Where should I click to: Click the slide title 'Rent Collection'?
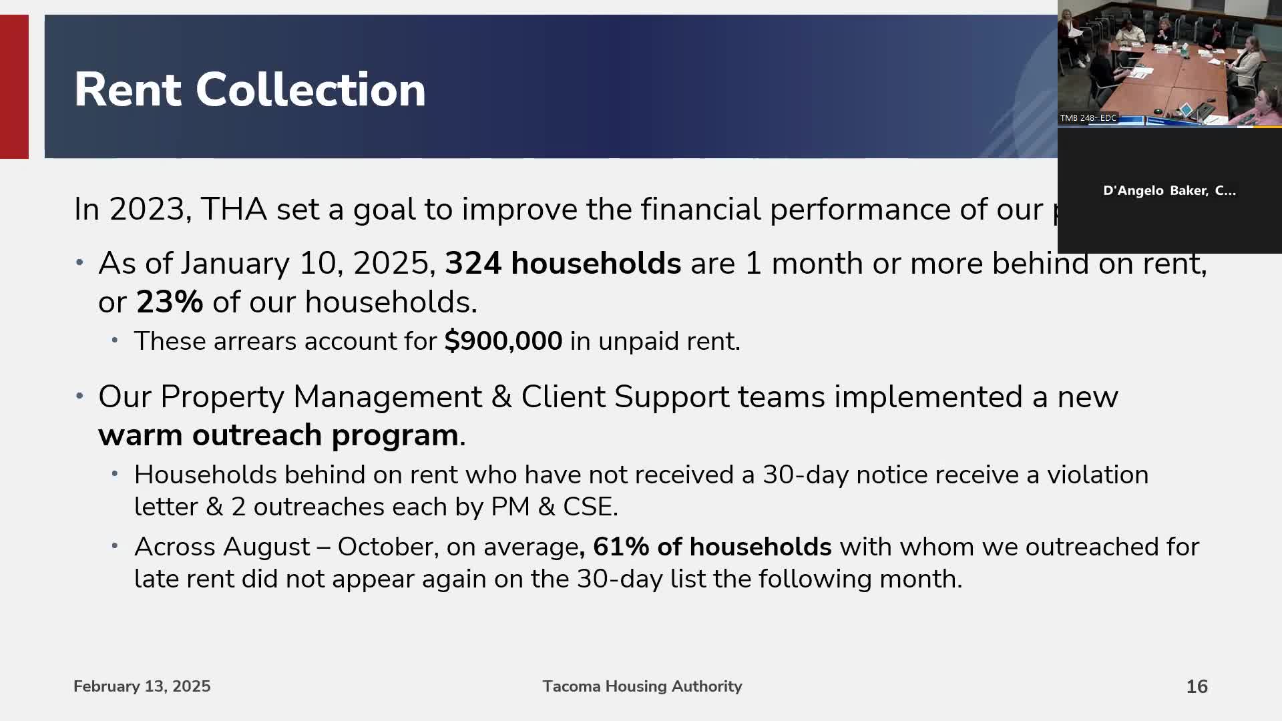250,89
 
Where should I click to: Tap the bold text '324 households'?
562,263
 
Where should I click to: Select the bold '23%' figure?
170,302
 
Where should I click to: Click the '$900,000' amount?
503,341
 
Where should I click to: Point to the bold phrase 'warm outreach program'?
278,435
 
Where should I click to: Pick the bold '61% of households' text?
712,547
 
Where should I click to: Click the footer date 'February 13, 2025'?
142,686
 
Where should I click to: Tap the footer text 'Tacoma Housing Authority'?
642,686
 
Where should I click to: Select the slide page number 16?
1197,686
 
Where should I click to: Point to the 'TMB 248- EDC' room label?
1088,118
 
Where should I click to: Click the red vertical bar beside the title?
14,87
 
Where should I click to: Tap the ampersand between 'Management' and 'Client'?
501,397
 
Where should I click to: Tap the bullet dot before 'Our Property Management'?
79,396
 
